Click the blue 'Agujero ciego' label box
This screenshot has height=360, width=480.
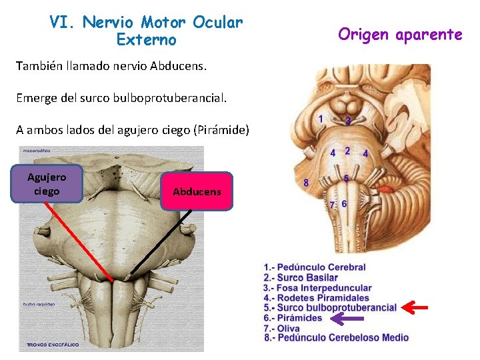pos(47,183)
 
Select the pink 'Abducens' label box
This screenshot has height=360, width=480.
pos(197,191)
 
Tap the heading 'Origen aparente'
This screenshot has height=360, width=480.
pos(399,34)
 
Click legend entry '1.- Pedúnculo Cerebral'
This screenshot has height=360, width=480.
pos(314,267)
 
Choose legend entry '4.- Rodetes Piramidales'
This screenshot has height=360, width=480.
pos(315,297)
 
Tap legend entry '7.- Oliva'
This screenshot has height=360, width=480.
pos(283,328)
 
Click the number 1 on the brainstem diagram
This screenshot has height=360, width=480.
pos(322,119)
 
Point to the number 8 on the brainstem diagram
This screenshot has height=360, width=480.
pos(306,182)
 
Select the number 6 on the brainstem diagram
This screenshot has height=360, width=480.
pos(344,203)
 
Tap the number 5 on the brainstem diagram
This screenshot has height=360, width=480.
pos(346,178)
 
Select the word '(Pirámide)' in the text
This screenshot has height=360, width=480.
pos(221,130)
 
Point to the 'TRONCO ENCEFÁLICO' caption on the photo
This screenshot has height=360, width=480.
pos(53,345)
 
